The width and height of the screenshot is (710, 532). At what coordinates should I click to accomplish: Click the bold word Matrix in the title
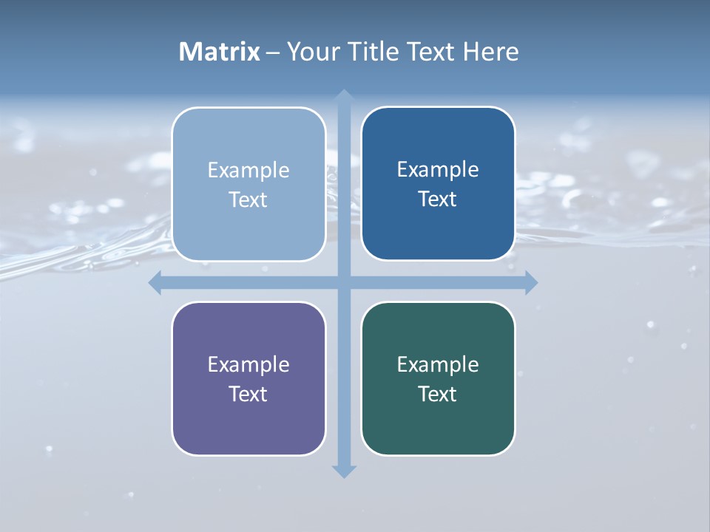pos(220,52)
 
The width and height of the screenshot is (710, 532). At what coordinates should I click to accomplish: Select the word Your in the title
pos(310,52)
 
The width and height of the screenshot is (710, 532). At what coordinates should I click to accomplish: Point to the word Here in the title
pos(491,52)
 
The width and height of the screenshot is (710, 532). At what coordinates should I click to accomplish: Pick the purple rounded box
pos(248,425)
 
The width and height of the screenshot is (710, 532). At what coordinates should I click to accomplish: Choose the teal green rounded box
pos(438,425)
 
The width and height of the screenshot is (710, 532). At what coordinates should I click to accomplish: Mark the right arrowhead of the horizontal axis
pos(531,282)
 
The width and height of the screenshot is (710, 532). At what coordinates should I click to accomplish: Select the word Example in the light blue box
pos(248,171)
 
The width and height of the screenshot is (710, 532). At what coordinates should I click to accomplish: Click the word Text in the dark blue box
pos(438,199)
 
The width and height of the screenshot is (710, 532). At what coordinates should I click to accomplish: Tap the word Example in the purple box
pos(248,365)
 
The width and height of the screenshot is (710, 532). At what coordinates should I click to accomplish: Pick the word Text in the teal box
pos(438,395)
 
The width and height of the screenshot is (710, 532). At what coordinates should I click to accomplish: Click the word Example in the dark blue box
pos(438,170)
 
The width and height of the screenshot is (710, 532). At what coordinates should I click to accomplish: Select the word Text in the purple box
pos(248,395)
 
